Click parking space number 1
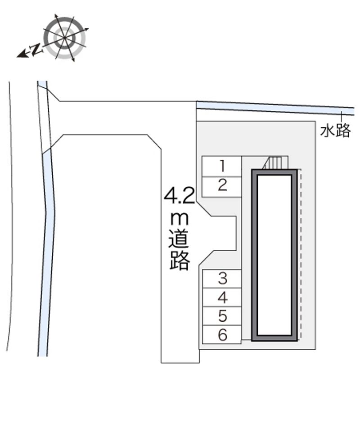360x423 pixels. tap(222, 166)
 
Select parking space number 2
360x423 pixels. tap(222, 187)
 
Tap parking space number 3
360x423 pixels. tap(222, 279)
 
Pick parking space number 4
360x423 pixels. tap(222, 297)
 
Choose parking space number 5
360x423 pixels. tap(222, 316)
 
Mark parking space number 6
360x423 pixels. tap(222, 334)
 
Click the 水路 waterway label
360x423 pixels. tap(335, 131)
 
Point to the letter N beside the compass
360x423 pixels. tap(36, 49)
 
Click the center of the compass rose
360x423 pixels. tap(65, 38)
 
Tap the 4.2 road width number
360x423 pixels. tap(180, 196)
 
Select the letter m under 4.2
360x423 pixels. tap(179, 219)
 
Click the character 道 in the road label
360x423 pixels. tap(179, 238)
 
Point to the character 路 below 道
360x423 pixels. tap(180, 261)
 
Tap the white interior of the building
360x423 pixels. tap(274, 255)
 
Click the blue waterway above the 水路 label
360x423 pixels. tap(275, 107)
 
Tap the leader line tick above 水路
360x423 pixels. tap(342, 117)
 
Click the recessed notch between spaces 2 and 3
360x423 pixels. tap(224, 233)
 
